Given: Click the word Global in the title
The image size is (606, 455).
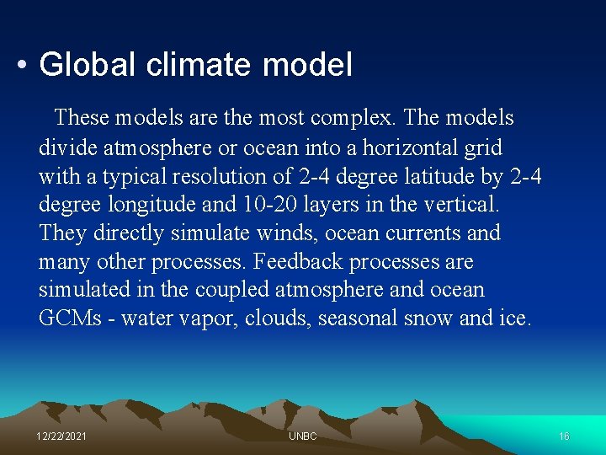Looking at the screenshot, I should click(x=85, y=65).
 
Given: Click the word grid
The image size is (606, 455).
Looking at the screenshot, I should click(x=484, y=147).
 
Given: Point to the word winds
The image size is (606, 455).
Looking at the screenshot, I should click(x=255, y=233).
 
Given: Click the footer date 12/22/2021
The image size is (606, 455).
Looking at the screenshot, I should click(x=61, y=436).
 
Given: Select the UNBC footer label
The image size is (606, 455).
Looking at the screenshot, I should click(x=302, y=436).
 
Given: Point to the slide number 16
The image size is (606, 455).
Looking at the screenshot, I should click(x=564, y=436).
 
